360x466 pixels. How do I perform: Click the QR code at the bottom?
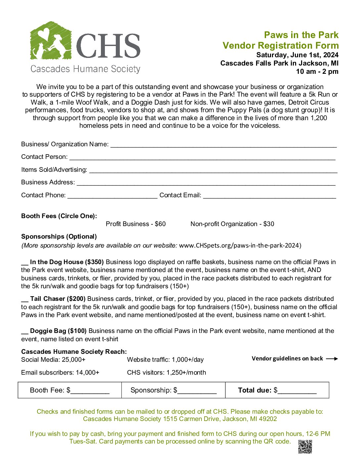[x=305, y=446]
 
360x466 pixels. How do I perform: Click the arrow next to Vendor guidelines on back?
[x=332, y=359]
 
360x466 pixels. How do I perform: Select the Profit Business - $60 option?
[x=136, y=224]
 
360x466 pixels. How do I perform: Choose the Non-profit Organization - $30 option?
[x=232, y=224]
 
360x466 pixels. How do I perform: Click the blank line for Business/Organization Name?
[x=223, y=145]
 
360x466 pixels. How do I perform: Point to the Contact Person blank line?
[x=202, y=158]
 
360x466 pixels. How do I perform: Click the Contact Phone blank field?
[x=112, y=196]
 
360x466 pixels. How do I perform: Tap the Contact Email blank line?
[x=269, y=196]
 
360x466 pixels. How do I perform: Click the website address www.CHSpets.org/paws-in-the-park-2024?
[x=240, y=246]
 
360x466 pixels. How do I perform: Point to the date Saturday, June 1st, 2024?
[x=297, y=55]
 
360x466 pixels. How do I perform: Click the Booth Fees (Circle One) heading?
[x=59, y=216]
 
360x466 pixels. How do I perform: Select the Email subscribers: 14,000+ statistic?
[x=60, y=373]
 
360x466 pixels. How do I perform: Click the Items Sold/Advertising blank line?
[x=213, y=170]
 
